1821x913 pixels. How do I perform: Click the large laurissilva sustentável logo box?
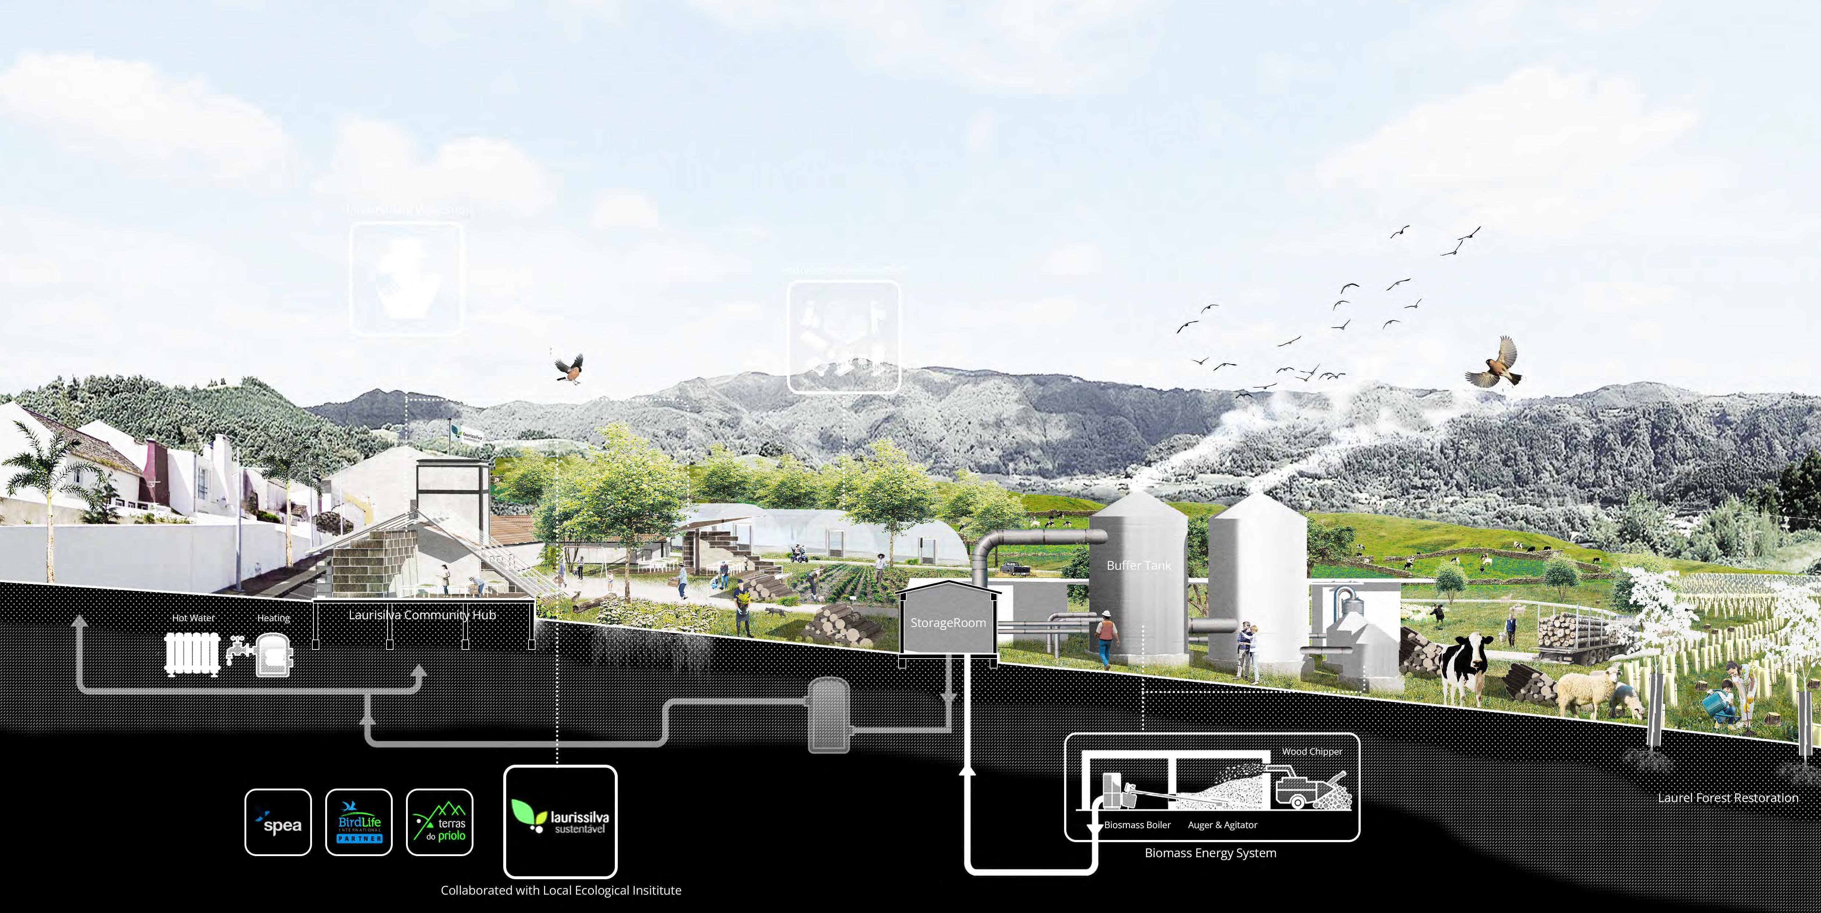560,821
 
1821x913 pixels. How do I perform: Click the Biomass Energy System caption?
1210,853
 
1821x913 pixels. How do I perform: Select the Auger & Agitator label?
1222,825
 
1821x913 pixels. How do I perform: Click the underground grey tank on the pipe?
828,714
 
